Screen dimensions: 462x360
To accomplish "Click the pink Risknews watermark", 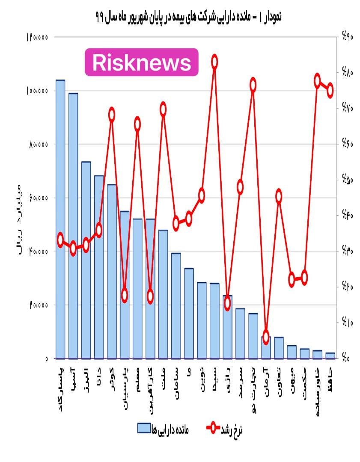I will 142,62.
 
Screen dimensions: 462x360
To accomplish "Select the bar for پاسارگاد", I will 60,218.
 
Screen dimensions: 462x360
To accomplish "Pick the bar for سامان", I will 176,305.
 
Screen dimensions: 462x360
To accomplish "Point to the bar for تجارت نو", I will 253,336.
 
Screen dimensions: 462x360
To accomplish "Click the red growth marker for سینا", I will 214,62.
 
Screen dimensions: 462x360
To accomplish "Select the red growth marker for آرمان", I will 266,337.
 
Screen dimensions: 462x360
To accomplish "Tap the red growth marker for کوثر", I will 112,115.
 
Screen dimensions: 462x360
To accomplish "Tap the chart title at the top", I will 189,18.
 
